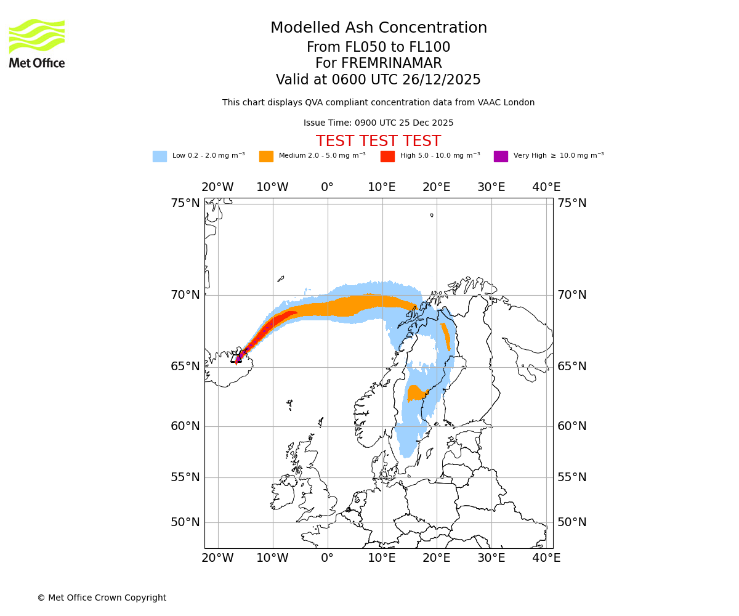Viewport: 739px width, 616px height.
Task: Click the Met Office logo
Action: point(37,43)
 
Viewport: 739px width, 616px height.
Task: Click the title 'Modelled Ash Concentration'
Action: point(378,28)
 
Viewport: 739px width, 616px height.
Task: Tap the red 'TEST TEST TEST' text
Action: point(378,142)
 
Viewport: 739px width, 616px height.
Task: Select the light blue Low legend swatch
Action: point(160,156)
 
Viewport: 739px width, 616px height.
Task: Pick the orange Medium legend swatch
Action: point(266,156)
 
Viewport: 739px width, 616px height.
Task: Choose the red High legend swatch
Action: point(387,156)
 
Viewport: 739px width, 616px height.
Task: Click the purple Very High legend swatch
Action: point(501,156)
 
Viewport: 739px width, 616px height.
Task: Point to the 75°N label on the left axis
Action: point(185,203)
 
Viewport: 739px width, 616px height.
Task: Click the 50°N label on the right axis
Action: point(571,522)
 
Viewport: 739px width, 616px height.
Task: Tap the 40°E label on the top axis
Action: point(546,187)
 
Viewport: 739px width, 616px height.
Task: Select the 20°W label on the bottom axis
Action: point(217,558)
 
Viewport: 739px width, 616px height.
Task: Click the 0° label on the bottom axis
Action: point(327,558)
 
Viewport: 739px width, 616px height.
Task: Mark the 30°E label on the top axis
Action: point(491,187)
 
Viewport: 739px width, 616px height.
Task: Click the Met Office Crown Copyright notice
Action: point(102,598)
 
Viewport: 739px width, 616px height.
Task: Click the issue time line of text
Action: point(378,123)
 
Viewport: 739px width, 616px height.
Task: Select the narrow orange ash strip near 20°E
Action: point(445,336)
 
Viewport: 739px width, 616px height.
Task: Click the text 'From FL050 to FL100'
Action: point(378,47)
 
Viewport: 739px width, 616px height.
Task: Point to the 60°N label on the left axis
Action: point(185,426)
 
